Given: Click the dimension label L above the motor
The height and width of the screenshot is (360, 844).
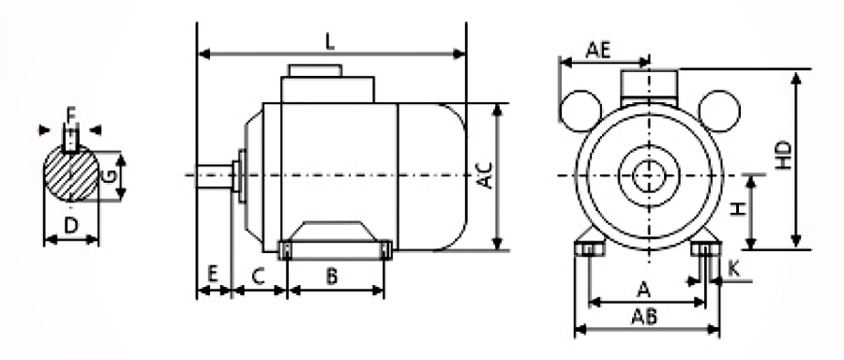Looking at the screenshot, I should tap(329, 40).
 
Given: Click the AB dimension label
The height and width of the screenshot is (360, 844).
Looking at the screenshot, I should tap(645, 316).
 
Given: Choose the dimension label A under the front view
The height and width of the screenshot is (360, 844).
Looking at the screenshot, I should tap(643, 287).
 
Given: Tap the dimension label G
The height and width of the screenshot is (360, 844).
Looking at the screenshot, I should tap(110, 175).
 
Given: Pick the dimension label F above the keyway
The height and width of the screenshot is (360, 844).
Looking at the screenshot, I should tap(70, 113).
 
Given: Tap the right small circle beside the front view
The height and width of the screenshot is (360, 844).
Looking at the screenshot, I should tap(718, 110).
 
